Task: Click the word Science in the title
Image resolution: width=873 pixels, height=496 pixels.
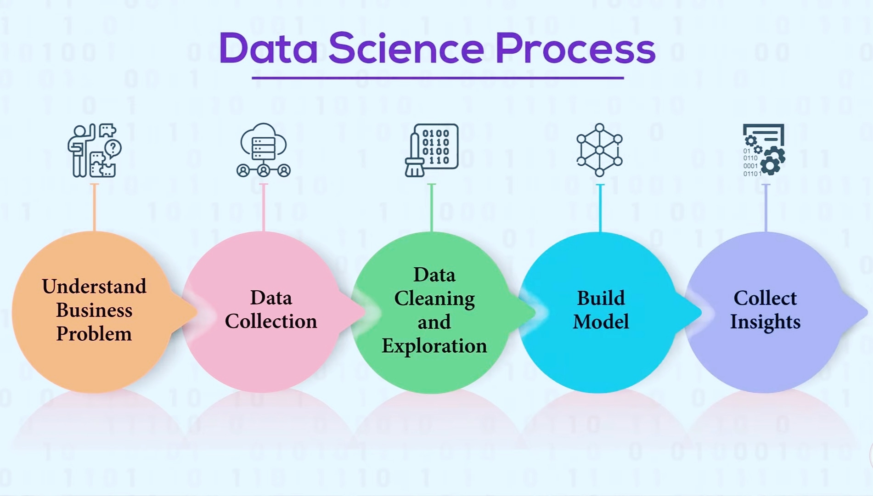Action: [406, 48]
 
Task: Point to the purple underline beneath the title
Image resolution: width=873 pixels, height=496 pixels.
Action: [437, 78]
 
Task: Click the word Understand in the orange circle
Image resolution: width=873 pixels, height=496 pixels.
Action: [94, 286]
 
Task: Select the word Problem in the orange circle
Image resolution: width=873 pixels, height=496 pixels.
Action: [94, 334]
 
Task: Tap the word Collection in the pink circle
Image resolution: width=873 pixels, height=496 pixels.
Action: [271, 321]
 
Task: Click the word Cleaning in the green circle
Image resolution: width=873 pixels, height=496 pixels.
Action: [434, 299]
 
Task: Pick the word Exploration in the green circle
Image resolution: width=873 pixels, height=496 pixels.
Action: [434, 345]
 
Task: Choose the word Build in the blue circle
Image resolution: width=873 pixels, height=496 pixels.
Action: [601, 298]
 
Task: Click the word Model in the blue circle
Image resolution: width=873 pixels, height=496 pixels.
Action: [601, 321]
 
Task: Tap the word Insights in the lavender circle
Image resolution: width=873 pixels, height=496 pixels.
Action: [765, 321]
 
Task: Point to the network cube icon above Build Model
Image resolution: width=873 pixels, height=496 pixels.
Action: [599, 150]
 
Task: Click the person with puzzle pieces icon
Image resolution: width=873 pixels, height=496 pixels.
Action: [94, 150]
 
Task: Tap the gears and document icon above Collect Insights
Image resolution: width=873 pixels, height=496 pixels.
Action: [764, 150]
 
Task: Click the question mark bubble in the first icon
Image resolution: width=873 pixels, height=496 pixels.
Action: [113, 148]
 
